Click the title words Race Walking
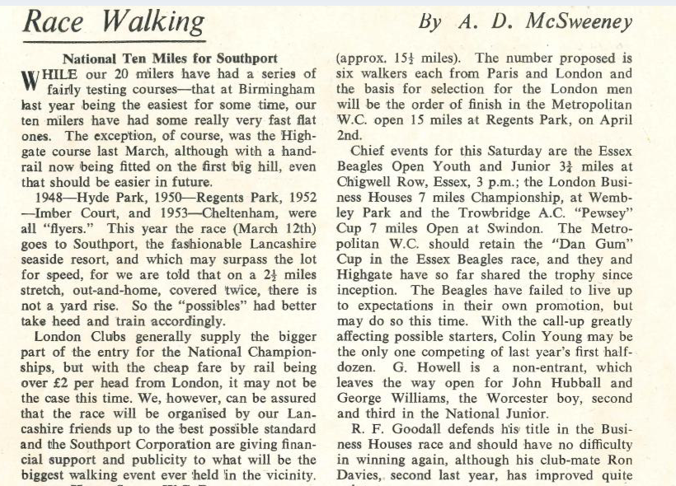[x=114, y=21]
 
